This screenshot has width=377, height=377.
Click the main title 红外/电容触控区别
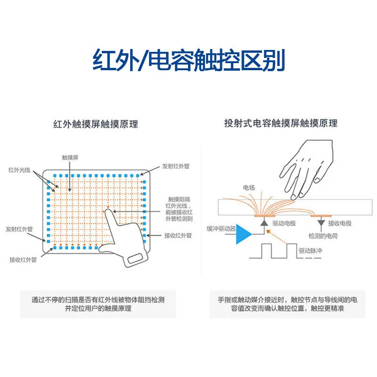tap(189, 60)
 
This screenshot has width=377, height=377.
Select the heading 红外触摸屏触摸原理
tap(96, 124)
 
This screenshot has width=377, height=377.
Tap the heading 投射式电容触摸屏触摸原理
tap(281, 123)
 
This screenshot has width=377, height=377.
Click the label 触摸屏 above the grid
tap(70, 158)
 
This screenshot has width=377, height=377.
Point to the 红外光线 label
tap(19, 170)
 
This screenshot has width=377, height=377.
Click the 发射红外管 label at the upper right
tap(176, 166)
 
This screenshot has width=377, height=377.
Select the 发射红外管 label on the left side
tap(19, 229)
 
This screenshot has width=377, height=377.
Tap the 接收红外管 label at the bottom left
tap(23, 260)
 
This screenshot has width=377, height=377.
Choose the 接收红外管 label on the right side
tap(178, 235)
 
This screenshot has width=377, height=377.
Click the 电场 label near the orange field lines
tap(249, 188)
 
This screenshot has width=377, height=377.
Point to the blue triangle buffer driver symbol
tap(243, 234)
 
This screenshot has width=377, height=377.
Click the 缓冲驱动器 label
tap(221, 229)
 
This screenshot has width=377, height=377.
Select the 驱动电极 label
tap(284, 223)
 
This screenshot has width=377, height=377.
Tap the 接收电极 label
tap(340, 223)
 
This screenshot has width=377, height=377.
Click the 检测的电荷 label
tap(323, 236)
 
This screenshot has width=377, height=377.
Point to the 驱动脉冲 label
tap(310, 251)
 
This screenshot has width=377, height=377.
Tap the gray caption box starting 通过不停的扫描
tap(98, 304)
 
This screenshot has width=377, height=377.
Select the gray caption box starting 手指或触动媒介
tap(287, 304)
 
